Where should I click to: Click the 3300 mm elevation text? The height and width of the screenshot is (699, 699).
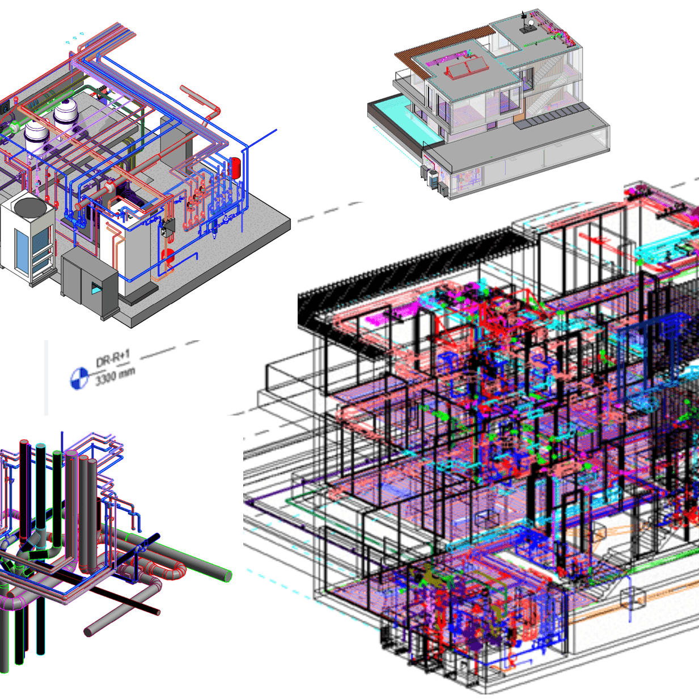(x=115, y=376)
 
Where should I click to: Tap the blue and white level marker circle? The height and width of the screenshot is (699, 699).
(x=79, y=378)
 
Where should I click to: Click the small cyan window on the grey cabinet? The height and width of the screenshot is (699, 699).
(x=97, y=288)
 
